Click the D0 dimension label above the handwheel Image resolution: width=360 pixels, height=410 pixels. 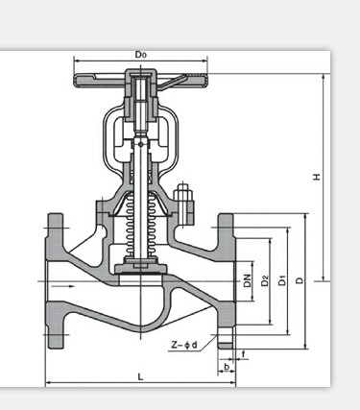pyautogui.click(x=140, y=55)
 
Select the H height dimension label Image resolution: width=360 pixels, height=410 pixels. pyautogui.click(x=317, y=177)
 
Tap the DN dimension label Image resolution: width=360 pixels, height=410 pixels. pyautogui.click(x=247, y=280)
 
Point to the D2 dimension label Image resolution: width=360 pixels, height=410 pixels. pyautogui.click(x=265, y=280)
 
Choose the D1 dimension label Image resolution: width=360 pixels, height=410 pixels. pyautogui.click(x=282, y=280)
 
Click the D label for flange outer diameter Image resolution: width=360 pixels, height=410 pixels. pyautogui.click(x=300, y=280)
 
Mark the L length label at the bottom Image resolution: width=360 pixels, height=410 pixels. pyautogui.click(x=140, y=376)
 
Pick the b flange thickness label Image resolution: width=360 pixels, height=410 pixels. pyautogui.click(x=227, y=367)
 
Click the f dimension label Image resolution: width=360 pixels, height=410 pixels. pyautogui.click(x=243, y=354)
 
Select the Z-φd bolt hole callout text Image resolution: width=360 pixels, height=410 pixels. pyautogui.click(x=184, y=345)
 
